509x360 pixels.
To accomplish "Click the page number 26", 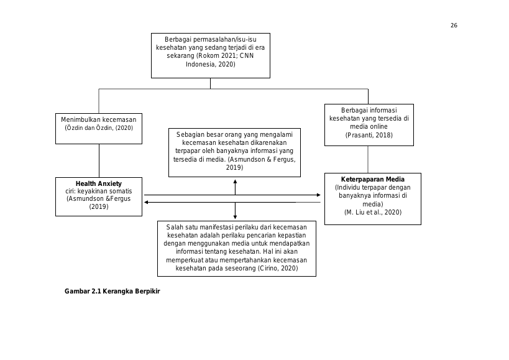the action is point(454,25).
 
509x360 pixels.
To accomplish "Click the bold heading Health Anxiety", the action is point(99,183).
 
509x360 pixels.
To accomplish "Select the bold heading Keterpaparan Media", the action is point(373,179).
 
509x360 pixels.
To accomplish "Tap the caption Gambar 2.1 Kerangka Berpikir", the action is point(112,291).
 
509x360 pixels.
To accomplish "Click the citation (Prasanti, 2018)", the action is point(369,135).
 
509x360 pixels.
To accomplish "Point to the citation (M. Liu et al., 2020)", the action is point(373,212).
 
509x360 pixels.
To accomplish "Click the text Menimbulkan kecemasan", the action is point(99,119).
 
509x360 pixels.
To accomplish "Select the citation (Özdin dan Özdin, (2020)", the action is point(99,127).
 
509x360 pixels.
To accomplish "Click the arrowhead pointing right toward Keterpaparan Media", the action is point(318,195).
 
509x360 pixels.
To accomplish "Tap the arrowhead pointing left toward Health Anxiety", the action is point(147,202).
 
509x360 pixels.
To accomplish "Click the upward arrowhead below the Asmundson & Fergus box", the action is point(235,182).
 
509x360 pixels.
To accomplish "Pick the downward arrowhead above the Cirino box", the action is point(235,217).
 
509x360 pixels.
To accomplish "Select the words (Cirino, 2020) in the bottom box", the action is point(278,268).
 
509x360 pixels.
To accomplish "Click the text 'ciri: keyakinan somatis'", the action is point(99,192).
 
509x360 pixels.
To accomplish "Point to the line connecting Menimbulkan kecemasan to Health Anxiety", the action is point(99,160).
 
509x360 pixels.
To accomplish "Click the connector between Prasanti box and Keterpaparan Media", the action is point(368,159).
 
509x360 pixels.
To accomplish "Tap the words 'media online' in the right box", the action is point(369,127).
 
